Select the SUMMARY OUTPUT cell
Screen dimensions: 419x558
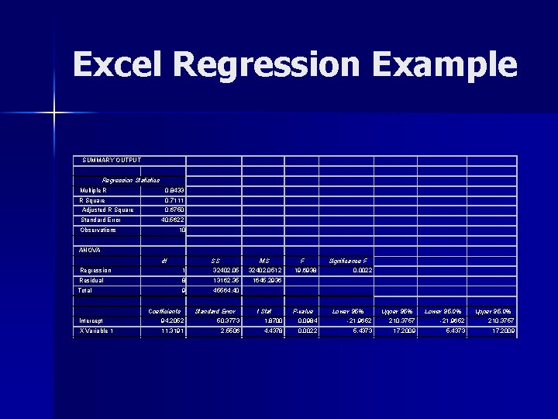[x=112, y=161]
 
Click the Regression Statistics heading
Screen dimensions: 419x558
[x=130, y=180]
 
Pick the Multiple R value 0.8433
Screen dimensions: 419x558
[x=174, y=190]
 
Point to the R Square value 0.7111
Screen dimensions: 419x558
[x=174, y=200]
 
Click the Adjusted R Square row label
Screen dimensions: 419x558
[x=108, y=209]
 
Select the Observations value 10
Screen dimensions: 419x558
[x=181, y=230]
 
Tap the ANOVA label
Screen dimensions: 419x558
[x=91, y=250]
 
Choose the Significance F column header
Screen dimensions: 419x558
[x=348, y=261]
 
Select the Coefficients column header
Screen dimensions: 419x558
[x=164, y=311]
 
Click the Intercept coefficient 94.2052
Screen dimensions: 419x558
[x=170, y=320]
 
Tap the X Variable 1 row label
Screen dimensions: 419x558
[x=97, y=331]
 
